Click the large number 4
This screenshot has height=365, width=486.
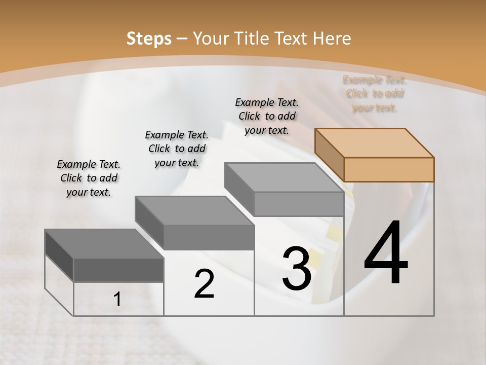(386, 253)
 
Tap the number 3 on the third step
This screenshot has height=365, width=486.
(297, 269)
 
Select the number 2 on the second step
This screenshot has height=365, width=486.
(204, 284)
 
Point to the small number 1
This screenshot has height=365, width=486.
(117, 299)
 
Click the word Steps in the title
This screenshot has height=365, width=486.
(149, 39)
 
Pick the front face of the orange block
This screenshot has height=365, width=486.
(389, 169)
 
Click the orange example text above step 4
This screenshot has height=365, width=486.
(375, 94)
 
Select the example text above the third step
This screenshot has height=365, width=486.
(267, 116)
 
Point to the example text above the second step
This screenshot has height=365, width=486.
(177, 149)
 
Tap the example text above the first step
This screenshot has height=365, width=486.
(89, 178)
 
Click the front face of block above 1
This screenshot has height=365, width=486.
(118, 270)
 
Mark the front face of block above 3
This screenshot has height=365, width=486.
(299, 204)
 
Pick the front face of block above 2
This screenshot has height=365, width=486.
(209, 237)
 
